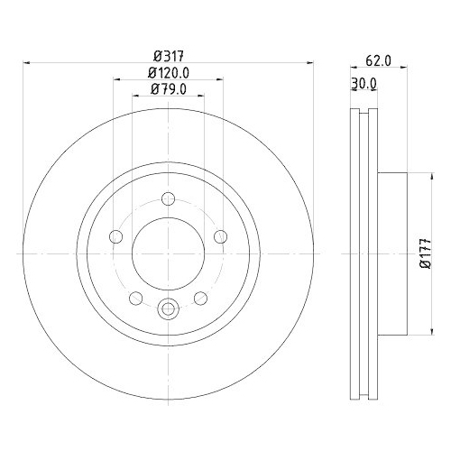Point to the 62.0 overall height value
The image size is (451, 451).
[x=379, y=62]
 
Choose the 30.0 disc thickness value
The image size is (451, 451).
[x=363, y=84]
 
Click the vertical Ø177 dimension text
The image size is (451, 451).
[x=422, y=256]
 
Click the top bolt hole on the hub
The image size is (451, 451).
[x=168, y=200]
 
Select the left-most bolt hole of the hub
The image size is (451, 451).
[x=115, y=237]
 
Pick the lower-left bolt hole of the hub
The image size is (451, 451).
[x=135, y=299]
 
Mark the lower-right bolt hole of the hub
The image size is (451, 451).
[x=200, y=299]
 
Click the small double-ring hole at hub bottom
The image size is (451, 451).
[x=168, y=310]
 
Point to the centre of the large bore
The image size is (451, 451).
[x=168, y=255]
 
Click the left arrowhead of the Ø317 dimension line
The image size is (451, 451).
[x=24, y=63]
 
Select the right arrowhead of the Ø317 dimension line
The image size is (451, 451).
[x=311, y=63]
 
